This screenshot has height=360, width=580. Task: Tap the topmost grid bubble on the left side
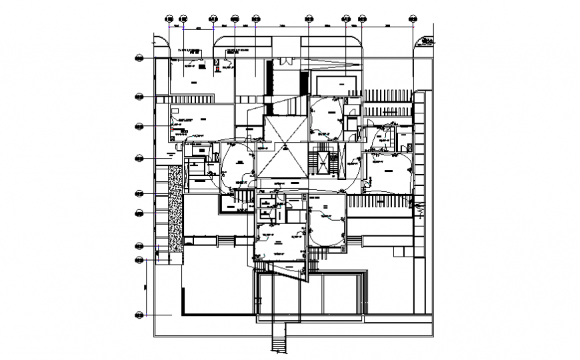click(140, 59)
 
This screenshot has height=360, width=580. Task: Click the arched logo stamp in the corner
click(424, 43)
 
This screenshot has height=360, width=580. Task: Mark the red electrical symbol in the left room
click(171, 128)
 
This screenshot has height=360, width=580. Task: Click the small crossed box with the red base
click(217, 64)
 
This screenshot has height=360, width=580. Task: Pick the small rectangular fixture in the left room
click(175, 108)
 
